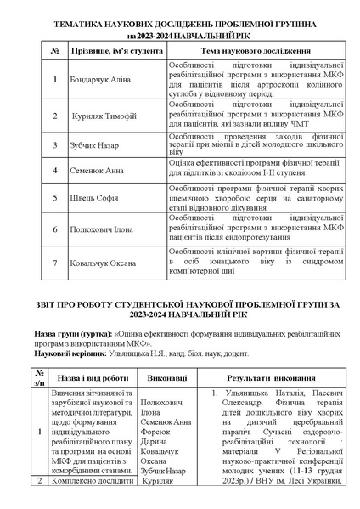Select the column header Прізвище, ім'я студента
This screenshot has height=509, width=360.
[x=114, y=52]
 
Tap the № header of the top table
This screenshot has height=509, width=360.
[x=54, y=52]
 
